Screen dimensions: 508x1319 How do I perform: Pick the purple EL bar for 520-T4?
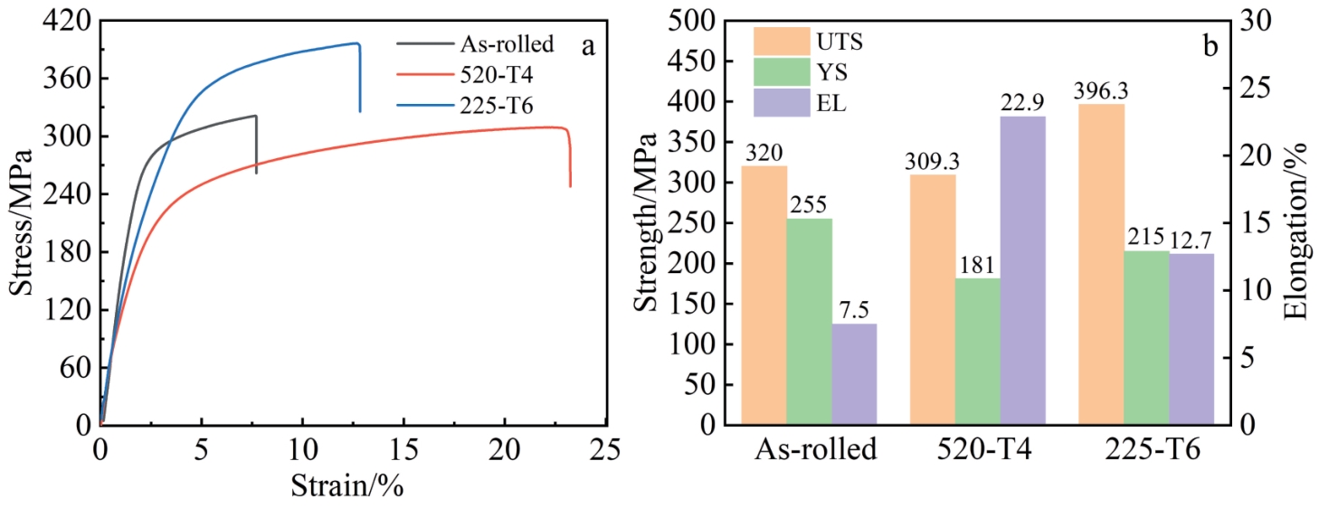click(x=1023, y=270)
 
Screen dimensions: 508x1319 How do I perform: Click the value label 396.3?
click(x=1101, y=91)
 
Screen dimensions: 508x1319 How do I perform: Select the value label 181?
click(x=978, y=266)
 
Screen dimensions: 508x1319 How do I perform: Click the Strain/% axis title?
click(x=346, y=485)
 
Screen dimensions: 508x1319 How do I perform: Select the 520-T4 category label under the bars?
click(x=978, y=450)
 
